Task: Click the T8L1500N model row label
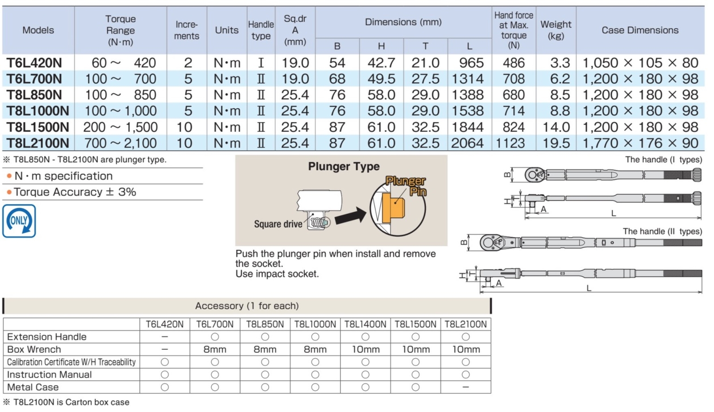[x=38, y=127]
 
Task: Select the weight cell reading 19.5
[x=556, y=143]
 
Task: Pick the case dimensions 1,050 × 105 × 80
[x=640, y=63]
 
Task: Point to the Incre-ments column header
[x=187, y=30]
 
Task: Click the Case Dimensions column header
[x=640, y=30]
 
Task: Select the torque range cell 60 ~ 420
[x=120, y=63]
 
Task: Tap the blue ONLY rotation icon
[x=19, y=221]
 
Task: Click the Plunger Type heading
[x=344, y=166]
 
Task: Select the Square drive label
[x=278, y=224]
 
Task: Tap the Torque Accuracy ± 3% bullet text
[x=75, y=192]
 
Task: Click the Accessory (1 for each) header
[x=247, y=306]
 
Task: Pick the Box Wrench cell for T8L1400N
[x=365, y=349]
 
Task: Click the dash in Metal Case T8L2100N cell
[x=465, y=387]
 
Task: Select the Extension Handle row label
[x=47, y=337]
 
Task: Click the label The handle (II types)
[x=662, y=231]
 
